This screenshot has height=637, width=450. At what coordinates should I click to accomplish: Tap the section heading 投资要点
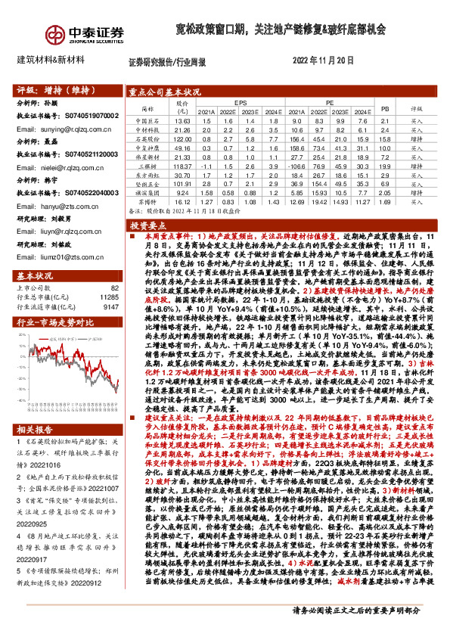147,225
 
